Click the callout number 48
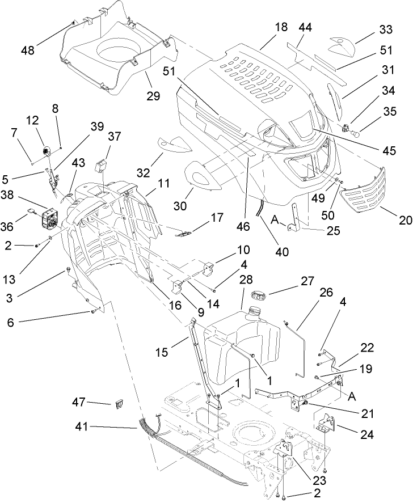(x=27, y=50)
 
